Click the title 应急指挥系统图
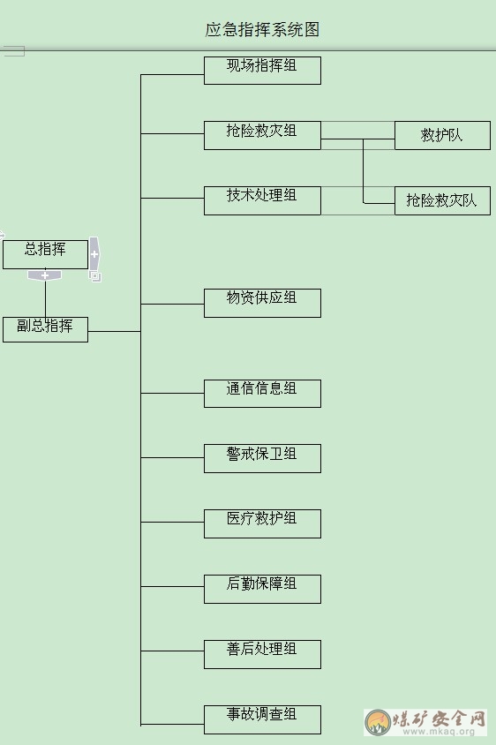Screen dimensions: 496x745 coord(262,29)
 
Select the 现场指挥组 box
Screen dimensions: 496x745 coord(262,71)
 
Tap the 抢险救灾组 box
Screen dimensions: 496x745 coord(262,135)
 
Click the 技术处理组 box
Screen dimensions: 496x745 coord(262,200)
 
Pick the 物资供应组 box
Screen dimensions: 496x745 coord(262,303)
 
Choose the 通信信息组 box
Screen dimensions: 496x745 coord(262,394)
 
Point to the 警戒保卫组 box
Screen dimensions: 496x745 coord(262,458)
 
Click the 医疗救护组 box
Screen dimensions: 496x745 coord(262,523)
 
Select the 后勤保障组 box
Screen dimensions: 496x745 coord(262,589)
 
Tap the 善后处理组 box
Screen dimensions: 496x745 coord(262,654)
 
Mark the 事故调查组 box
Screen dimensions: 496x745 coord(262,719)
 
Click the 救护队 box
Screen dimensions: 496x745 coord(442,135)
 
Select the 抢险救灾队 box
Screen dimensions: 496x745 coord(442,200)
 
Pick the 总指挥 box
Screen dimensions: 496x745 coord(45,255)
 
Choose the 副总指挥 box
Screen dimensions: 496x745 coord(45,330)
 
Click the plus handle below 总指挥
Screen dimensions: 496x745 coord(45,275)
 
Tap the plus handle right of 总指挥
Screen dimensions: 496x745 coord(94,253)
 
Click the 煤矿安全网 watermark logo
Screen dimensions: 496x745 coord(425,722)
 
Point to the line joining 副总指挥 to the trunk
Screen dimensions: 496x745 coord(115,331)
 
